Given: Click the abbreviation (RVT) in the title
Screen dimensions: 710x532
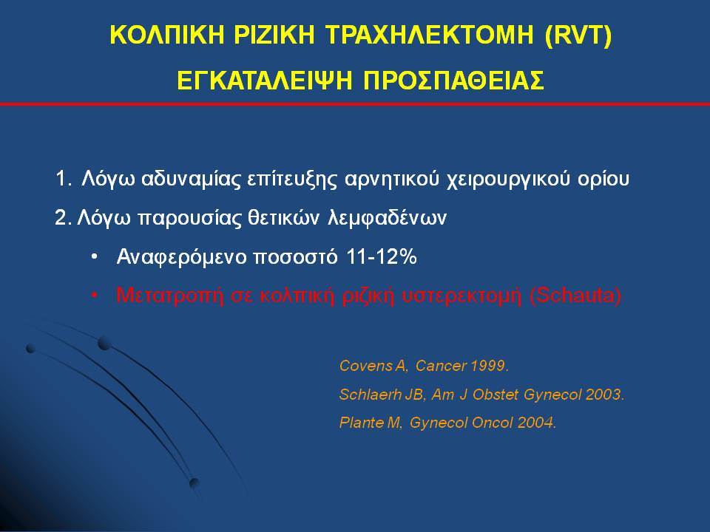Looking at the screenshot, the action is [x=578, y=35].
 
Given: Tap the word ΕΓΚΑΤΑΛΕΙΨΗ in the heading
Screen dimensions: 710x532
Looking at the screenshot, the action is [x=265, y=81].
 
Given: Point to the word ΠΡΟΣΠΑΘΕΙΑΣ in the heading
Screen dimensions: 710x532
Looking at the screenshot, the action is [x=453, y=81].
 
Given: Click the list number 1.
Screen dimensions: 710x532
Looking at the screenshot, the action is [x=64, y=179].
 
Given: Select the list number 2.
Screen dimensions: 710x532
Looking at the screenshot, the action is [x=63, y=217].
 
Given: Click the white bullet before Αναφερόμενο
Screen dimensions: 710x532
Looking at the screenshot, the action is [x=94, y=257].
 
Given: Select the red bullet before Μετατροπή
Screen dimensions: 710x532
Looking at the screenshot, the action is [x=94, y=296].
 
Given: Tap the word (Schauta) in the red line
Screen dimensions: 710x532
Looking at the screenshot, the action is [x=575, y=296].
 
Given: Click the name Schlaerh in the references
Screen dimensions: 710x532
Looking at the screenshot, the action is [x=370, y=395].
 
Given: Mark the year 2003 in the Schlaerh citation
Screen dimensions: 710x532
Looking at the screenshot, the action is [x=605, y=395].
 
